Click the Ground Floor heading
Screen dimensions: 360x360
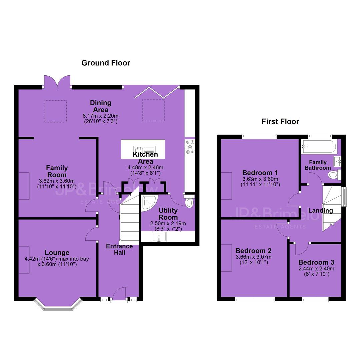pyautogui.click(x=106, y=63)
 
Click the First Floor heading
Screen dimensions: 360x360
pyautogui.click(x=280, y=121)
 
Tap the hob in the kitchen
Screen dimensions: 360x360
pyautogui.click(x=190, y=147)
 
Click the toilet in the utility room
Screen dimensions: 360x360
pyautogui.click(x=189, y=201)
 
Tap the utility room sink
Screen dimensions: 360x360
pyautogui.click(x=159, y=236)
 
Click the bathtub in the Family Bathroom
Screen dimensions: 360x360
pyautogui.click(x=319, y=146)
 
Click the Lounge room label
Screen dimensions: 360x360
pyautogui.click(x=57, y=253)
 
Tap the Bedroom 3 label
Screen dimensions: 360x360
pyautogui.click(x=316, y=262)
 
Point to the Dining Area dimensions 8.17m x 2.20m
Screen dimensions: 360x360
pyautogui.click(x=101, y=116)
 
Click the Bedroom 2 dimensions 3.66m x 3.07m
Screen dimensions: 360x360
pyautogui.click(x=253, y=257)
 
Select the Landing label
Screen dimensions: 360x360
pyautogui.click(x=321, y=211)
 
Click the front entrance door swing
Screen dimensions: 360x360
pyautogui.click(x=120, y=293)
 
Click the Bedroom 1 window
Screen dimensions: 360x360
pyautogui.click(x=259, y=137)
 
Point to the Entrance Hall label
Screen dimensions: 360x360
pyautogui.click(x=119, y=249)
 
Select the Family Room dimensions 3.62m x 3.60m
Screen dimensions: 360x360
pyautogui.click(x=57, y=181)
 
